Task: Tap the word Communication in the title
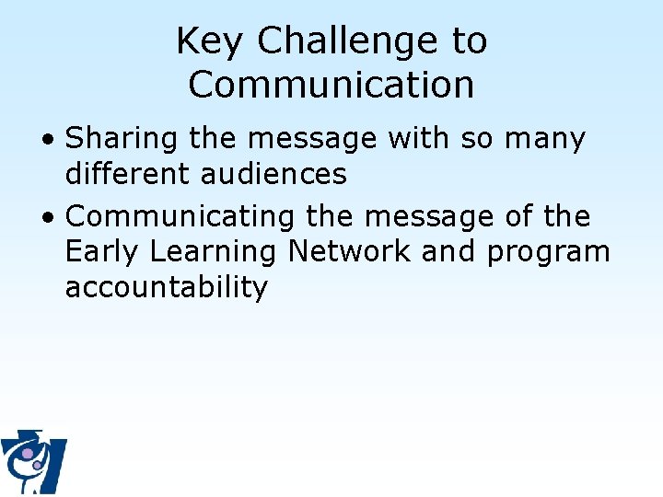331,85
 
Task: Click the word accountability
166,286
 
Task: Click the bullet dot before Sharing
51,141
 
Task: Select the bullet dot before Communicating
51,218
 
